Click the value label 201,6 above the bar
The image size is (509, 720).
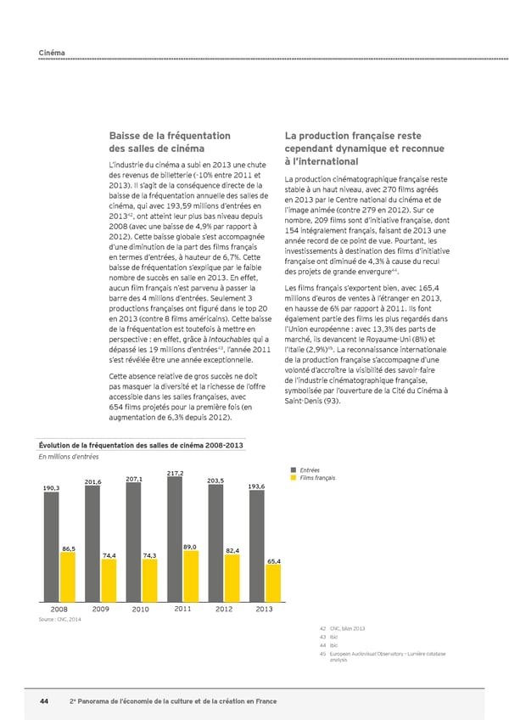point(93,481)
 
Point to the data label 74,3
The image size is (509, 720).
point(149,555)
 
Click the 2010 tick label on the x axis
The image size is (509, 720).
point(141,609)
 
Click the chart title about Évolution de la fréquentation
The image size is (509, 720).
point(131,446)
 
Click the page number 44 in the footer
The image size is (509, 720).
point(44,700)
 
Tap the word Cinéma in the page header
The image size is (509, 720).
point(52,53)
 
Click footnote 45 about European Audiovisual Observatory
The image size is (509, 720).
point(381,655)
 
